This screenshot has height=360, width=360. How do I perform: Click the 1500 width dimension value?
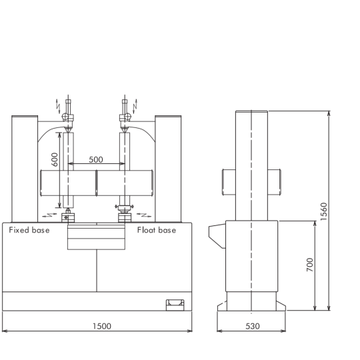tap(102, 326)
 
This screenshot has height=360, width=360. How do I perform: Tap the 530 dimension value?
tap(253, 326)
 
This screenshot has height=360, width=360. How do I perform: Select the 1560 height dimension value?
tap(323, 211)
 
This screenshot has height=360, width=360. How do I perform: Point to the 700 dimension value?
tap(310, 265)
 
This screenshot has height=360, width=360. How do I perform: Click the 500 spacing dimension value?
tap(96, 159)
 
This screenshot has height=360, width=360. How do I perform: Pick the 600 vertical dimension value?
tap(55, 159)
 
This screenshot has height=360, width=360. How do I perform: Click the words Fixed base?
tap(29, 230)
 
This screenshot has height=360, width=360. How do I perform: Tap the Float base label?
tap(157, 230)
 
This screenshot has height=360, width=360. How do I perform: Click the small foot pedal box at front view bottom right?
tap(175, 305)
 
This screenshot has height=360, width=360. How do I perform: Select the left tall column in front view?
tap(25, 169)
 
